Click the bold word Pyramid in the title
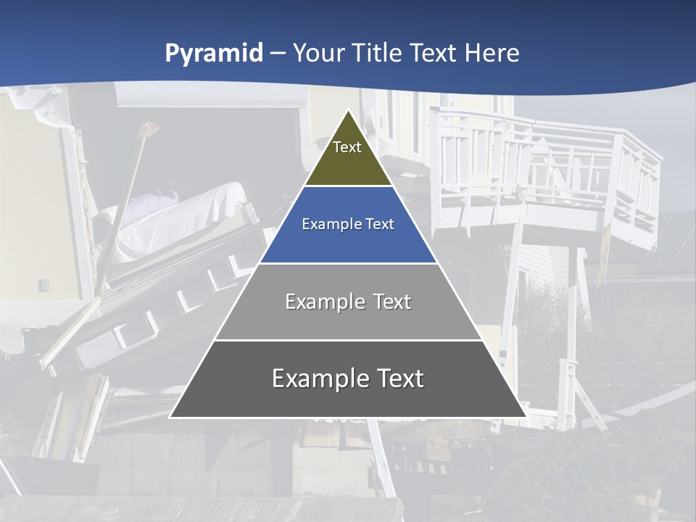214,54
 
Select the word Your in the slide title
319,54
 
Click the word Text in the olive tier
347,147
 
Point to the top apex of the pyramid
348,111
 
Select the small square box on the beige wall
44,284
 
